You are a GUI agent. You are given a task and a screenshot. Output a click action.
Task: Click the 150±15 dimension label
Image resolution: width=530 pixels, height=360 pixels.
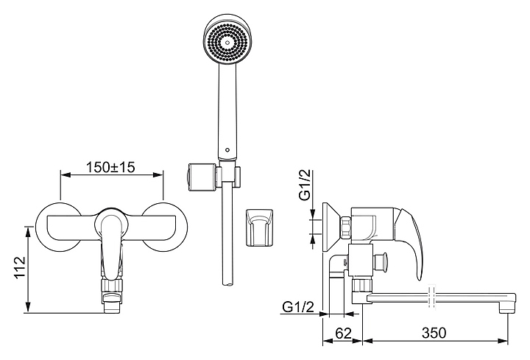click(x=111, y=167)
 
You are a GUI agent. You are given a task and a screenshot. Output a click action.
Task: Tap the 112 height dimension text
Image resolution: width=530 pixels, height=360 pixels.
click(x=21, y=267)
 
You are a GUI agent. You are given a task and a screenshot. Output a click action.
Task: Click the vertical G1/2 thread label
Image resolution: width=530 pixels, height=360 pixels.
click(x=305, y=186)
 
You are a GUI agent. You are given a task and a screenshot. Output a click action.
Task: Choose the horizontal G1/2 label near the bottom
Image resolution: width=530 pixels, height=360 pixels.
click(x=298, y=307)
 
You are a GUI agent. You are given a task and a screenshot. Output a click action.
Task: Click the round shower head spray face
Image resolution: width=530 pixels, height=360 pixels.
click(x=227, y=42)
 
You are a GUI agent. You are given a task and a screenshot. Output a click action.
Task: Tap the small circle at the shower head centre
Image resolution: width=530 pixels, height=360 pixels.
click(x=227, y=43)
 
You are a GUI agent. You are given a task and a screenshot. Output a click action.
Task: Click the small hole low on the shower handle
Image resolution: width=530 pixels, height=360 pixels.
click(x=227, y=149)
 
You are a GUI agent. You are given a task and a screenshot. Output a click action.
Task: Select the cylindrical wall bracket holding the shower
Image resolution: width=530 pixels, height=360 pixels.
click(x=202, y=177)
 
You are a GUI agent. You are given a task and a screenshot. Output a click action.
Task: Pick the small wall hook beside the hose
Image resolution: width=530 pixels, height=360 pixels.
click(x=259, y=228)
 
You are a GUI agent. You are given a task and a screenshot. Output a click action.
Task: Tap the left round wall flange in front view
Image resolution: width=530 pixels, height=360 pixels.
click(x=59, y=227)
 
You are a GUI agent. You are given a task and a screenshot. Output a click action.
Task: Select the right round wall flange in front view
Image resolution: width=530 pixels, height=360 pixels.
click(x=165, y=227)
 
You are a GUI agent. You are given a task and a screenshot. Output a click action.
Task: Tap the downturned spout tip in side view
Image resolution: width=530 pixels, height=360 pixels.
click(x=508, y=306)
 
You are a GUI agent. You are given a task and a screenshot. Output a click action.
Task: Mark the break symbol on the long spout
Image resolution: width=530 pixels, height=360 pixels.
click(x=431, y=296)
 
